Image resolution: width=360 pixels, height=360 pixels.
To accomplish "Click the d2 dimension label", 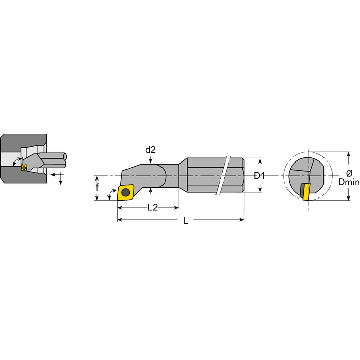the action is point(150,150).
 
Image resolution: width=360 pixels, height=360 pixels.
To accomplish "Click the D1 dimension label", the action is point(259,176).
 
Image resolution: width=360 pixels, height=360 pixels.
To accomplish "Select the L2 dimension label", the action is point(153,208).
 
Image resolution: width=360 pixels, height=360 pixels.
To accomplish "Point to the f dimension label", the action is point(97,187).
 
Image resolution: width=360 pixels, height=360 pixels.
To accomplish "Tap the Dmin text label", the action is point(349,182).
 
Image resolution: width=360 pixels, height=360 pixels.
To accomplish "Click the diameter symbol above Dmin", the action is point(349,173).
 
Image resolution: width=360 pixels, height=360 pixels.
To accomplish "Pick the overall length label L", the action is point(186,221).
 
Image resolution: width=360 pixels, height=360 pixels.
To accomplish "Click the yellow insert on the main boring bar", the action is point(125,192).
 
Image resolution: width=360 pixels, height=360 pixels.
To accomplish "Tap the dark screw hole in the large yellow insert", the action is point(125,192).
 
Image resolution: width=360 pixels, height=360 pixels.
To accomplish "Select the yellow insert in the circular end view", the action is point(307,191).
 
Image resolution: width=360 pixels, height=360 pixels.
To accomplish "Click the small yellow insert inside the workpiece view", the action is point(24,168).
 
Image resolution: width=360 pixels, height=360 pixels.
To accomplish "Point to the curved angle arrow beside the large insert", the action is point(112,193).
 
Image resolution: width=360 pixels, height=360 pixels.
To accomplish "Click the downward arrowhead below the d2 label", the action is point(150,160).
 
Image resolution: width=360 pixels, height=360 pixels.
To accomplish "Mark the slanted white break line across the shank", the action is point(223,174).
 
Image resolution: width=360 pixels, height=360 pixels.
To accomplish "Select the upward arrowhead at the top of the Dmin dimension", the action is point(349,155).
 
